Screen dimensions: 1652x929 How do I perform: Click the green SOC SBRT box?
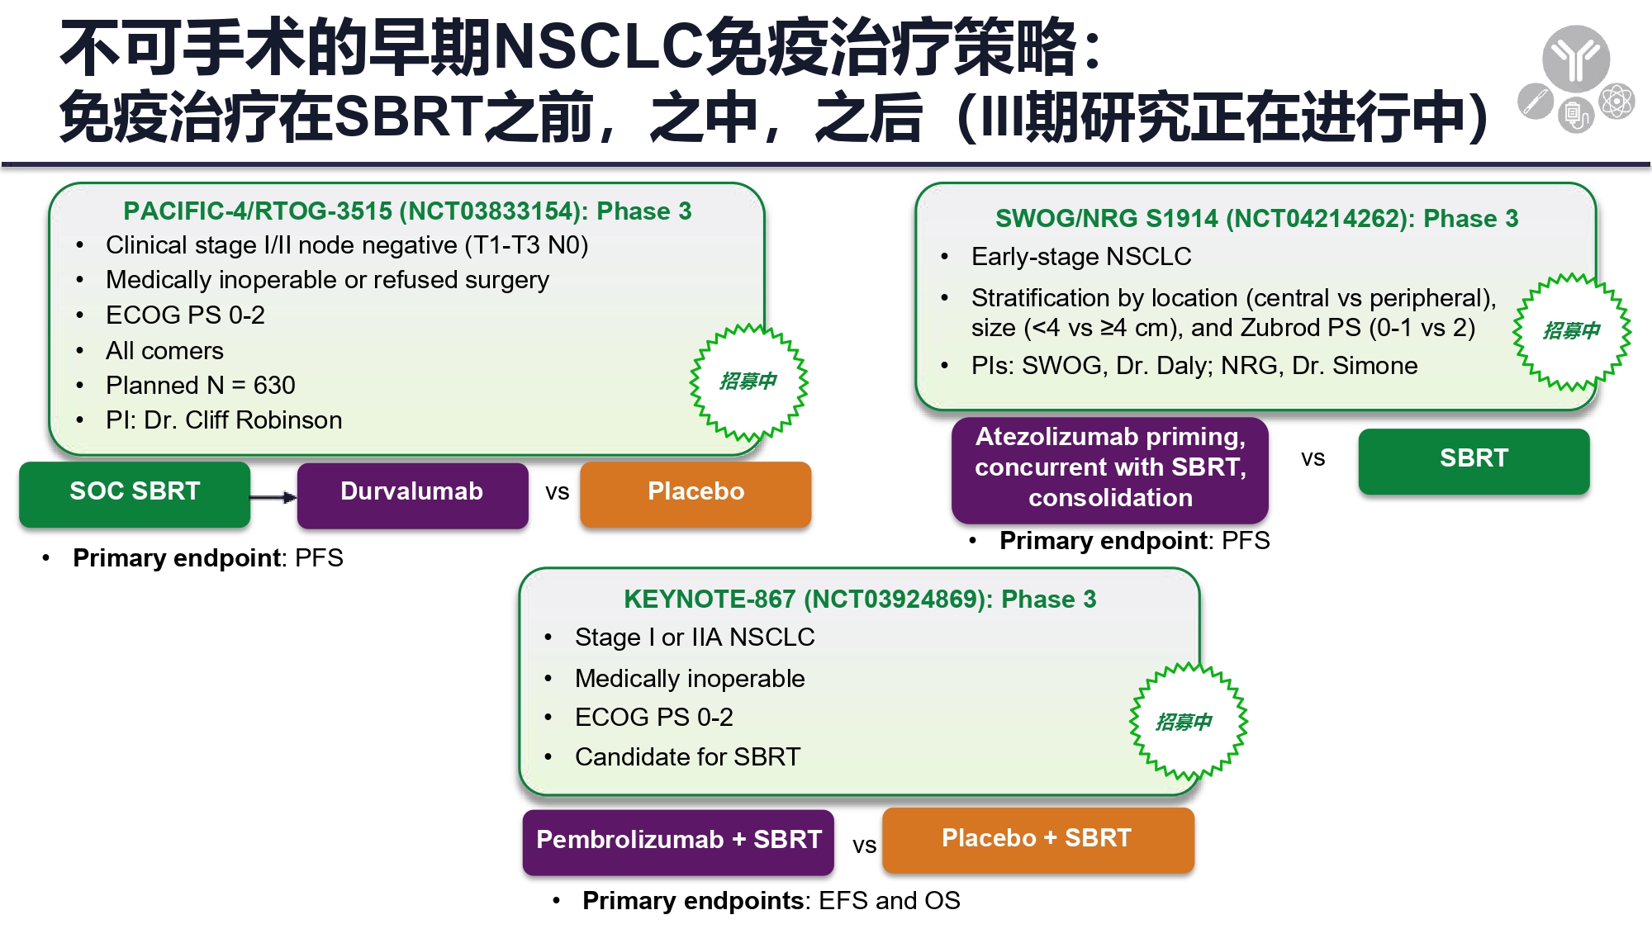(135, 493)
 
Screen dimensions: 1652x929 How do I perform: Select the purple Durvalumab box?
(412, 494)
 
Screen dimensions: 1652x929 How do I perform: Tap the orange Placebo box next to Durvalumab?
(695, 493)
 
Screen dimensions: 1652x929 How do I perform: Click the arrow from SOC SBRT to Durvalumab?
(273, 497)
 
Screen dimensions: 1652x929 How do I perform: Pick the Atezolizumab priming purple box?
(1110, 469)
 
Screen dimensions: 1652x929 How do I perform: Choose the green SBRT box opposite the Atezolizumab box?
(1474, 461)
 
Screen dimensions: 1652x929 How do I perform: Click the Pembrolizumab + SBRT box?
(678, 841)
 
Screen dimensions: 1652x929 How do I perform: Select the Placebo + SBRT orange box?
(1037, 840)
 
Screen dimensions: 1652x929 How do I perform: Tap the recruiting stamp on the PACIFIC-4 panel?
(748, 382)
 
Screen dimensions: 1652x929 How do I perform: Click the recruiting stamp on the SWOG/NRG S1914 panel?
(1572, 331)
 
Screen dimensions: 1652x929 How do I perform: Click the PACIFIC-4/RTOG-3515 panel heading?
(407, 211)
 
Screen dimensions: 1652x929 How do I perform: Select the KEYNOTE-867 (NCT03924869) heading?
(860, 599)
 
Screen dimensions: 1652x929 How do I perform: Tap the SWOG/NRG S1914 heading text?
(1256, 218)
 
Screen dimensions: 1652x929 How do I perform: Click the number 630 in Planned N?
(274, 386)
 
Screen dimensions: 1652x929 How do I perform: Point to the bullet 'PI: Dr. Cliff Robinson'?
(224, 420)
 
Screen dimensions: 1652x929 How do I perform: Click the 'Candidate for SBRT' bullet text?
(687, 757)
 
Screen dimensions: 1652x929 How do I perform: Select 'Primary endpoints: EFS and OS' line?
(771, 901)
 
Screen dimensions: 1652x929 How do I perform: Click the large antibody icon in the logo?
(1576, 59)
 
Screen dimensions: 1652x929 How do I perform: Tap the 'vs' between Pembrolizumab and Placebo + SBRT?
(864, 846)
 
